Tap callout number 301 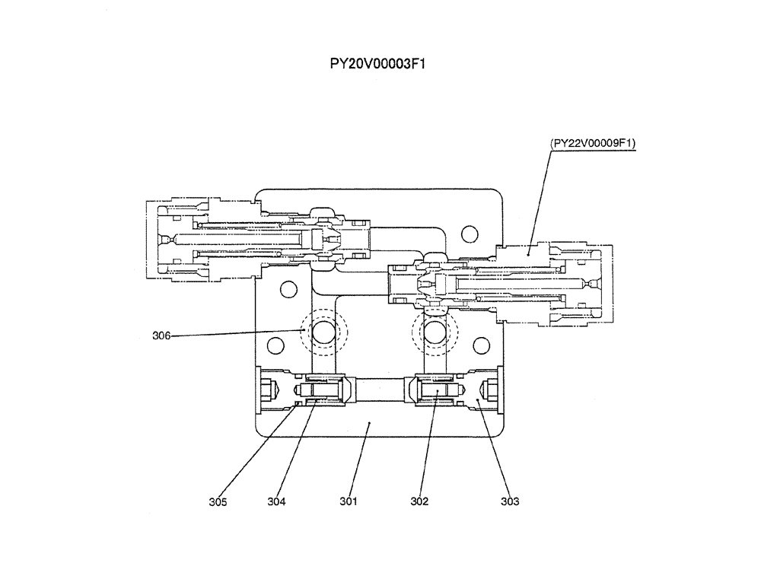pyautogui.click(x=349, y=501)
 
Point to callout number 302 pyautogui.click(x=419, y=501)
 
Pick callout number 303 pyautogui.click(x=510, y=501)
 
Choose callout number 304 pyautogui.click(x=276, y=501)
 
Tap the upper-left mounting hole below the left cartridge pyautogui.click(x=287, y=289)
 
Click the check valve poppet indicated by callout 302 pyautogui.click(x=438, y=392)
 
